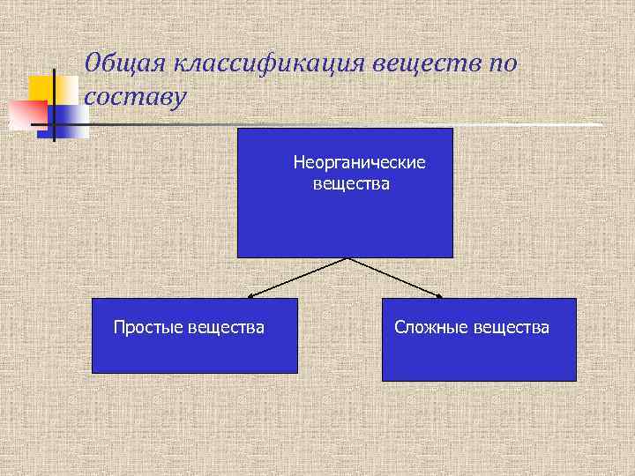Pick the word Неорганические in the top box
[359, 163]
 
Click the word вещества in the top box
[350, 184]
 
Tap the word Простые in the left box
[148, 328]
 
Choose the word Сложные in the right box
[431, 328]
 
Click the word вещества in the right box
[511, 328]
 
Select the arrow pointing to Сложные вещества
[394, 277]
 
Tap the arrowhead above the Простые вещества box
[251, 295]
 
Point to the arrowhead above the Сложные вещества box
[438, 295]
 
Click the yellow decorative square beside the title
[41, 89]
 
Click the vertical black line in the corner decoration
[55, 106]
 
